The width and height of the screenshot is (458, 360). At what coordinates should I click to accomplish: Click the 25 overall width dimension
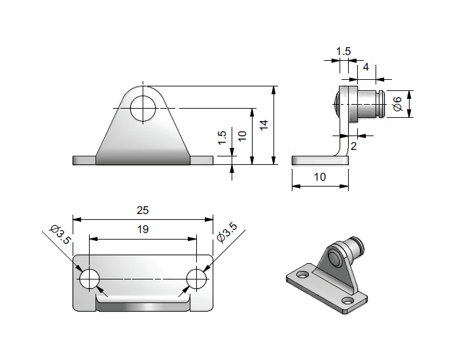point(143,210)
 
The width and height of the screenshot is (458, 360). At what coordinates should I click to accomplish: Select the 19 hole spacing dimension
point(143,230)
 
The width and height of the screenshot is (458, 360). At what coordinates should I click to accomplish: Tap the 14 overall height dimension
point(264,126)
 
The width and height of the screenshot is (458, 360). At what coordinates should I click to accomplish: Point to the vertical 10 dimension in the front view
point(242,135)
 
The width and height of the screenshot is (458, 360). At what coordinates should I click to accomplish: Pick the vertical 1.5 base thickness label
point(222,137)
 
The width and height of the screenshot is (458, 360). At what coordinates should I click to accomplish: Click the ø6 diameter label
point(396,103)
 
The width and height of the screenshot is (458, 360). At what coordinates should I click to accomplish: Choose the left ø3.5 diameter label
point(60,234)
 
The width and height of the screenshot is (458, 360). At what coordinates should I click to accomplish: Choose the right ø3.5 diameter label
point(226,234)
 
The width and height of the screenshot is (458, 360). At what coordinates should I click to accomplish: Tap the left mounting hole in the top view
point(89,279)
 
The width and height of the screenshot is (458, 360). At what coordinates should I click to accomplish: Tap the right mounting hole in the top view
point(196,279)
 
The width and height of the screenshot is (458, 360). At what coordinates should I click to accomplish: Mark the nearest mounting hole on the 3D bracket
point(347,300)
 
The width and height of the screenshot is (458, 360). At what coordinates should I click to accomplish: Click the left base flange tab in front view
point(84,160)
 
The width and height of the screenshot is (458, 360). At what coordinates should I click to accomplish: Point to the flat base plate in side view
point(314,160)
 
